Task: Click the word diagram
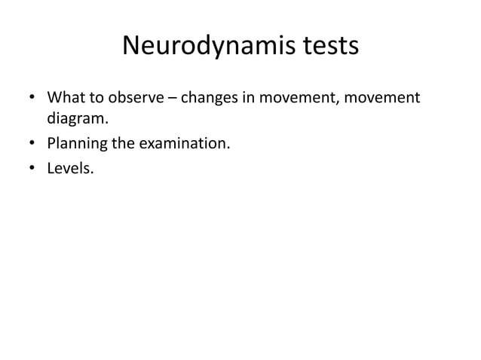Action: pos(75,120)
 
